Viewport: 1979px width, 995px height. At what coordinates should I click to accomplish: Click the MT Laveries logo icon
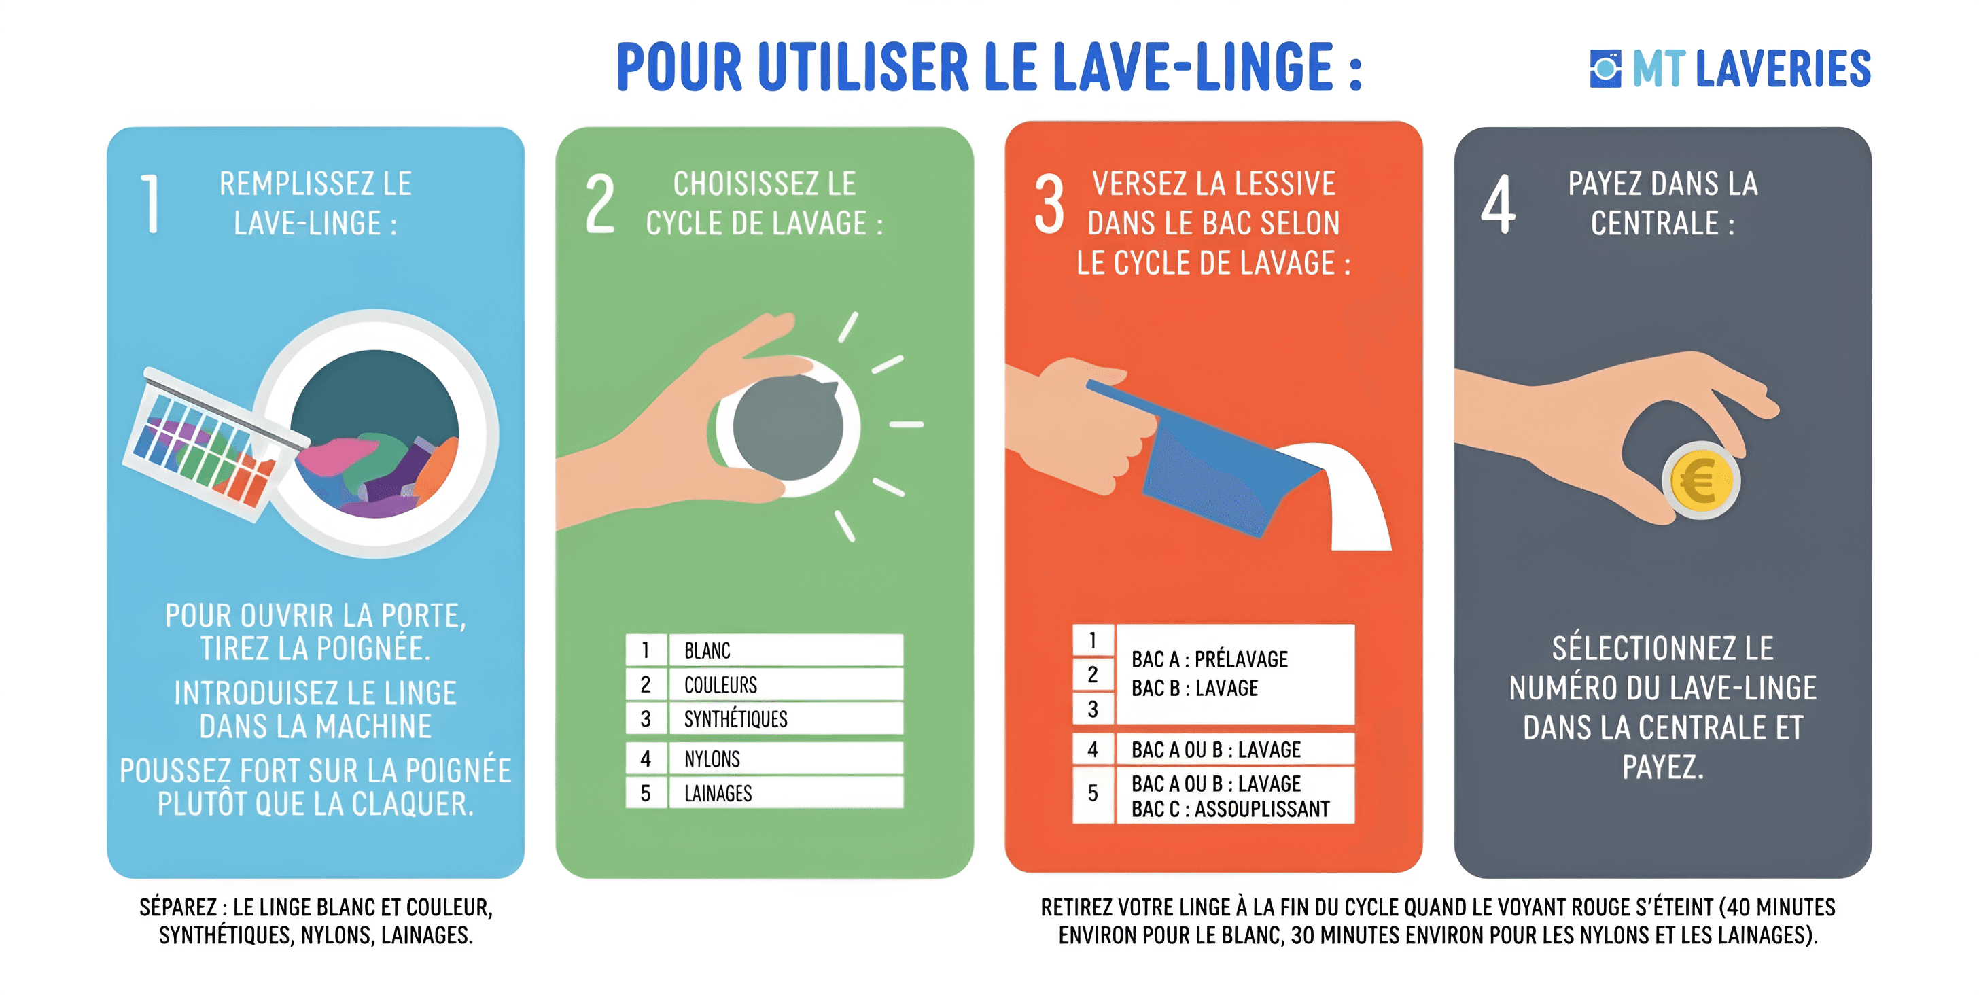click(1605, 69)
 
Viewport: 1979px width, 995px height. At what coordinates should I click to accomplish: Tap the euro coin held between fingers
click(1701, 481)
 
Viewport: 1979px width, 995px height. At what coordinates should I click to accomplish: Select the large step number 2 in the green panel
click(600, 204)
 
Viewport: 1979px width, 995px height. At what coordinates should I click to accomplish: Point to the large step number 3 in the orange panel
click(1049, 204)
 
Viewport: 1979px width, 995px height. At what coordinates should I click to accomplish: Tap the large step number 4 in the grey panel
click(1498, 204)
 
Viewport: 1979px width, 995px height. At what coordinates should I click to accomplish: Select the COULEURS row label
click(720, 684)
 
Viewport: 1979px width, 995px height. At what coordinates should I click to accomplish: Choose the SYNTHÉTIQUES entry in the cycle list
click(736, 718)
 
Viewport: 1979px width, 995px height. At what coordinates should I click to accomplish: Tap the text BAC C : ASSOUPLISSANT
click(1230, 809)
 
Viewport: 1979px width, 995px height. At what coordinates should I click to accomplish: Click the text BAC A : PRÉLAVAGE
click(1209, 659)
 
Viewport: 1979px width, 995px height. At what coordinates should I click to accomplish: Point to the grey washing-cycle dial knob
click(788, 428)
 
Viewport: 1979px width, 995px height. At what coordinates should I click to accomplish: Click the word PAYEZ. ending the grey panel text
click(1662, 767)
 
